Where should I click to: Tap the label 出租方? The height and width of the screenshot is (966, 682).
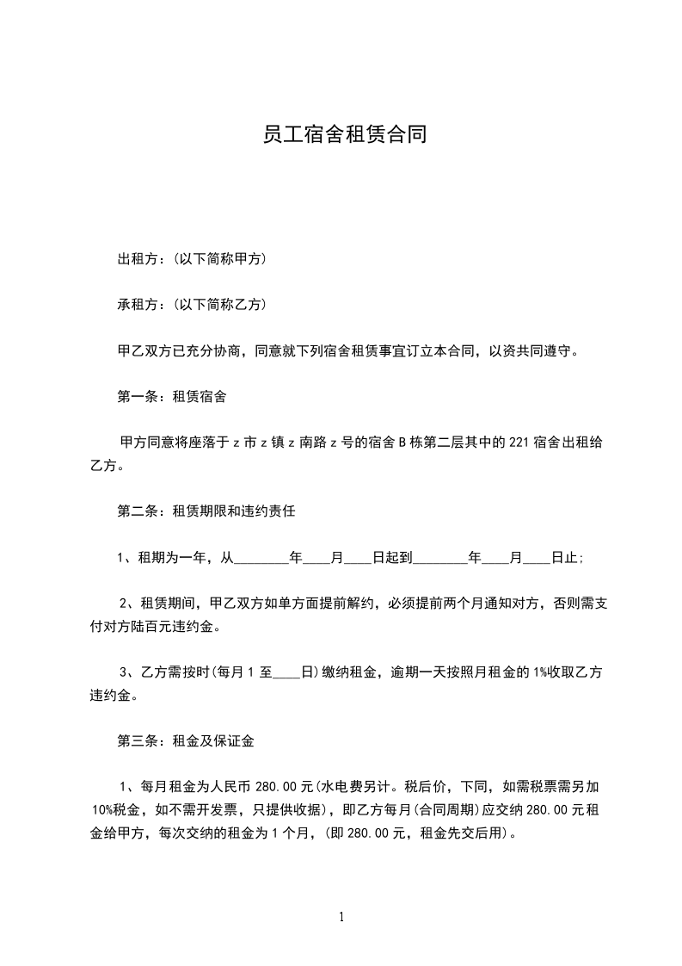138,258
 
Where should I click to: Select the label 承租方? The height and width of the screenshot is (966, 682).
138,305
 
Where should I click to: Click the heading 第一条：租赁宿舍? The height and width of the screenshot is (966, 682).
172,397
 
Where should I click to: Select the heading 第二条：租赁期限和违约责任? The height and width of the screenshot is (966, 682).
206,511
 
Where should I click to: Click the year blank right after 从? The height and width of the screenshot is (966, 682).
261,558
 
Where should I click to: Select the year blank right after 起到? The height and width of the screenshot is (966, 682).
440,558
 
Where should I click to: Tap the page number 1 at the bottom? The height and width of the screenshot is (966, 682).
341,918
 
